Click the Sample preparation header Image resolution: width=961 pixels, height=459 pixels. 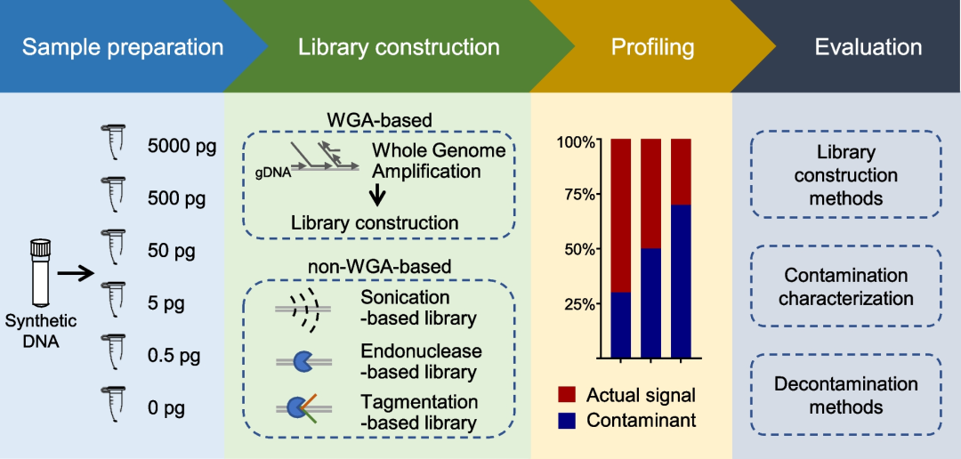point(122,47)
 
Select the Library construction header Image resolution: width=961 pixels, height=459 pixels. point(399,47)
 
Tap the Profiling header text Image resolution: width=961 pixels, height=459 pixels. point(652,47)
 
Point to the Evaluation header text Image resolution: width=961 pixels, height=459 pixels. point(868,47)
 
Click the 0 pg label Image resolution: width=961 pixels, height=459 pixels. point(166,408)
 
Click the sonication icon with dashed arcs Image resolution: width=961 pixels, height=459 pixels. point(300,307)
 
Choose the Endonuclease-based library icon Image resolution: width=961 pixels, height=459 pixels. point(300,361)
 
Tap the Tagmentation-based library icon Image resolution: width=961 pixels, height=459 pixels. point(300,410)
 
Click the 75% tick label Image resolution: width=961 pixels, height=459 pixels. point(577,196)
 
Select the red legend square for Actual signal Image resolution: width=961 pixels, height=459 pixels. point(569,393)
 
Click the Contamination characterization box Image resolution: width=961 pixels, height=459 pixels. point(845,286)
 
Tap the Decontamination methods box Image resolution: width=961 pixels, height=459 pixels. point(845,396)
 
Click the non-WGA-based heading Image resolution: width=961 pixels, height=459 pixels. point(378,265)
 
